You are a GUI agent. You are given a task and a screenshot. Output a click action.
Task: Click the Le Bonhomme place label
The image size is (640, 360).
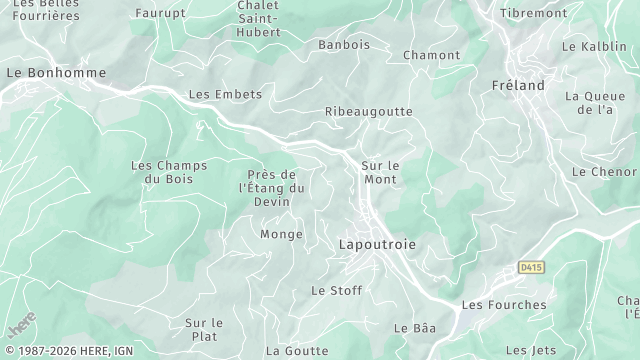pos(42,73)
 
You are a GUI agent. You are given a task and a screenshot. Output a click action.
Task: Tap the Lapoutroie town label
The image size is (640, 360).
pos(377,243)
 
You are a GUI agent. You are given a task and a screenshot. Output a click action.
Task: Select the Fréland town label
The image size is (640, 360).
pos(518,86)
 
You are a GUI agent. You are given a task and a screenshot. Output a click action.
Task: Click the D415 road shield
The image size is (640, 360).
pos(531,267)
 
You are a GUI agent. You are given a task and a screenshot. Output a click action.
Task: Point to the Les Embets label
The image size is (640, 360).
pos(225,94)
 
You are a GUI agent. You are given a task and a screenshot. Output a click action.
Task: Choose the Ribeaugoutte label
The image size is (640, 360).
pos(368,112)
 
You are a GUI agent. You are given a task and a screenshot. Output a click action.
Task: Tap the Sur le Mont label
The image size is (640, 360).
pos(380,172)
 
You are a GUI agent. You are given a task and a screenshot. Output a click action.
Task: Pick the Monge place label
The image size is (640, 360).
pos(281,234)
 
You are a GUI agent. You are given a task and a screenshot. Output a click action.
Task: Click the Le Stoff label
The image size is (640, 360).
pos(336,290)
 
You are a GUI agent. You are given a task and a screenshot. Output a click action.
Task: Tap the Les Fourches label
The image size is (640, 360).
pos(504,304)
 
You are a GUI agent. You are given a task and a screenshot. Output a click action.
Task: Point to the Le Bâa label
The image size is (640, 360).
pos(415,327)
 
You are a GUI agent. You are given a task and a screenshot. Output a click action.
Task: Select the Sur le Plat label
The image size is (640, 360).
pos(204,329)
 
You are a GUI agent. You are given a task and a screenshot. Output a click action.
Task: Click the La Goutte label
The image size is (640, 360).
pos(297,350)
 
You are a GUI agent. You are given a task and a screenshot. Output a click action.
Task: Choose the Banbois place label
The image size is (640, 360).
pos(344,45)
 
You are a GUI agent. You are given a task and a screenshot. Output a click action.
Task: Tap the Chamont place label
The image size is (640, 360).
pos(431,55)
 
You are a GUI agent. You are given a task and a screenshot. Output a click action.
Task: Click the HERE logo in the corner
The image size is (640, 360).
pos(20,324)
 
